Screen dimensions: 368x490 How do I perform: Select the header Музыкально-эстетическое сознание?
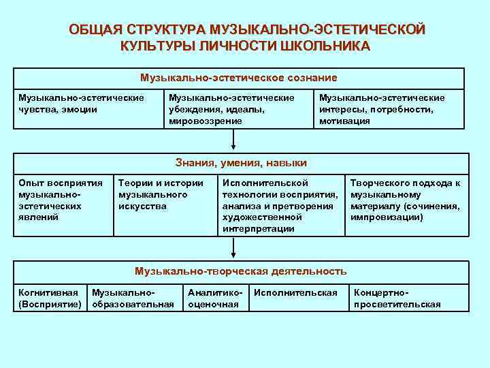239,78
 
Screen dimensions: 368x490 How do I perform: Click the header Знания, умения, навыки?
240,163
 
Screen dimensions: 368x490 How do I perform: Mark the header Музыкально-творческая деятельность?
240,271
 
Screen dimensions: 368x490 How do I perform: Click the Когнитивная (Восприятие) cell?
50,298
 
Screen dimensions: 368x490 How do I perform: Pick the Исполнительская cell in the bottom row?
295,293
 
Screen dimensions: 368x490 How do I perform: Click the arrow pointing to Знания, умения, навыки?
233,139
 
